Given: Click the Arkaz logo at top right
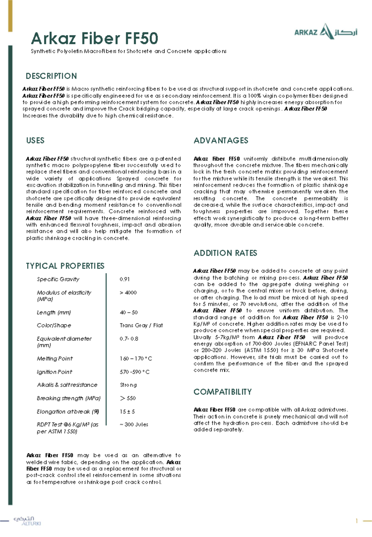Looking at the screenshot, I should [325, 32].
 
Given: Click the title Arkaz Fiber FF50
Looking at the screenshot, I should [95, 38].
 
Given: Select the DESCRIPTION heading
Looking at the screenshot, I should [51, 76].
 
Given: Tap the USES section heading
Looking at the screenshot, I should [35, 140].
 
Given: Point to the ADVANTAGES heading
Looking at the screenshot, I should [221, 140].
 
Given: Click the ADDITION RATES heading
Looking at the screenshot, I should [225, 253].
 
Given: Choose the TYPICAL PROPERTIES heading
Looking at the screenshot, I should [65, 266].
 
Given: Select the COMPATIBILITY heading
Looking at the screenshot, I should [223, 392].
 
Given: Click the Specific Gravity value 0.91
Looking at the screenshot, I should [125, 279].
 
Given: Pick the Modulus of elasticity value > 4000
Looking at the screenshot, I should [128, 293].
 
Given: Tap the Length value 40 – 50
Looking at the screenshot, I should [129, 312].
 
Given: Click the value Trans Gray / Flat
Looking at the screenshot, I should [141, 325].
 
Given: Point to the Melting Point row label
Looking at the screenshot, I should [55, 359].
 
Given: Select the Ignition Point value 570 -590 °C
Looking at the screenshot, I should [135, 372].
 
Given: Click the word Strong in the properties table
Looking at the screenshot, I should [128, 385].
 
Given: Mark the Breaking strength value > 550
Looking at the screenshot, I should [128, 398].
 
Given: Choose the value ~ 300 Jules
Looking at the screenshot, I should [134, 425].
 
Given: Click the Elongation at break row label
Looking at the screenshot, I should [68, 412].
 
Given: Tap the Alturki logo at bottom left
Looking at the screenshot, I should [27, 521].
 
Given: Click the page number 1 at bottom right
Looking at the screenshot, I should [357, 521].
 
